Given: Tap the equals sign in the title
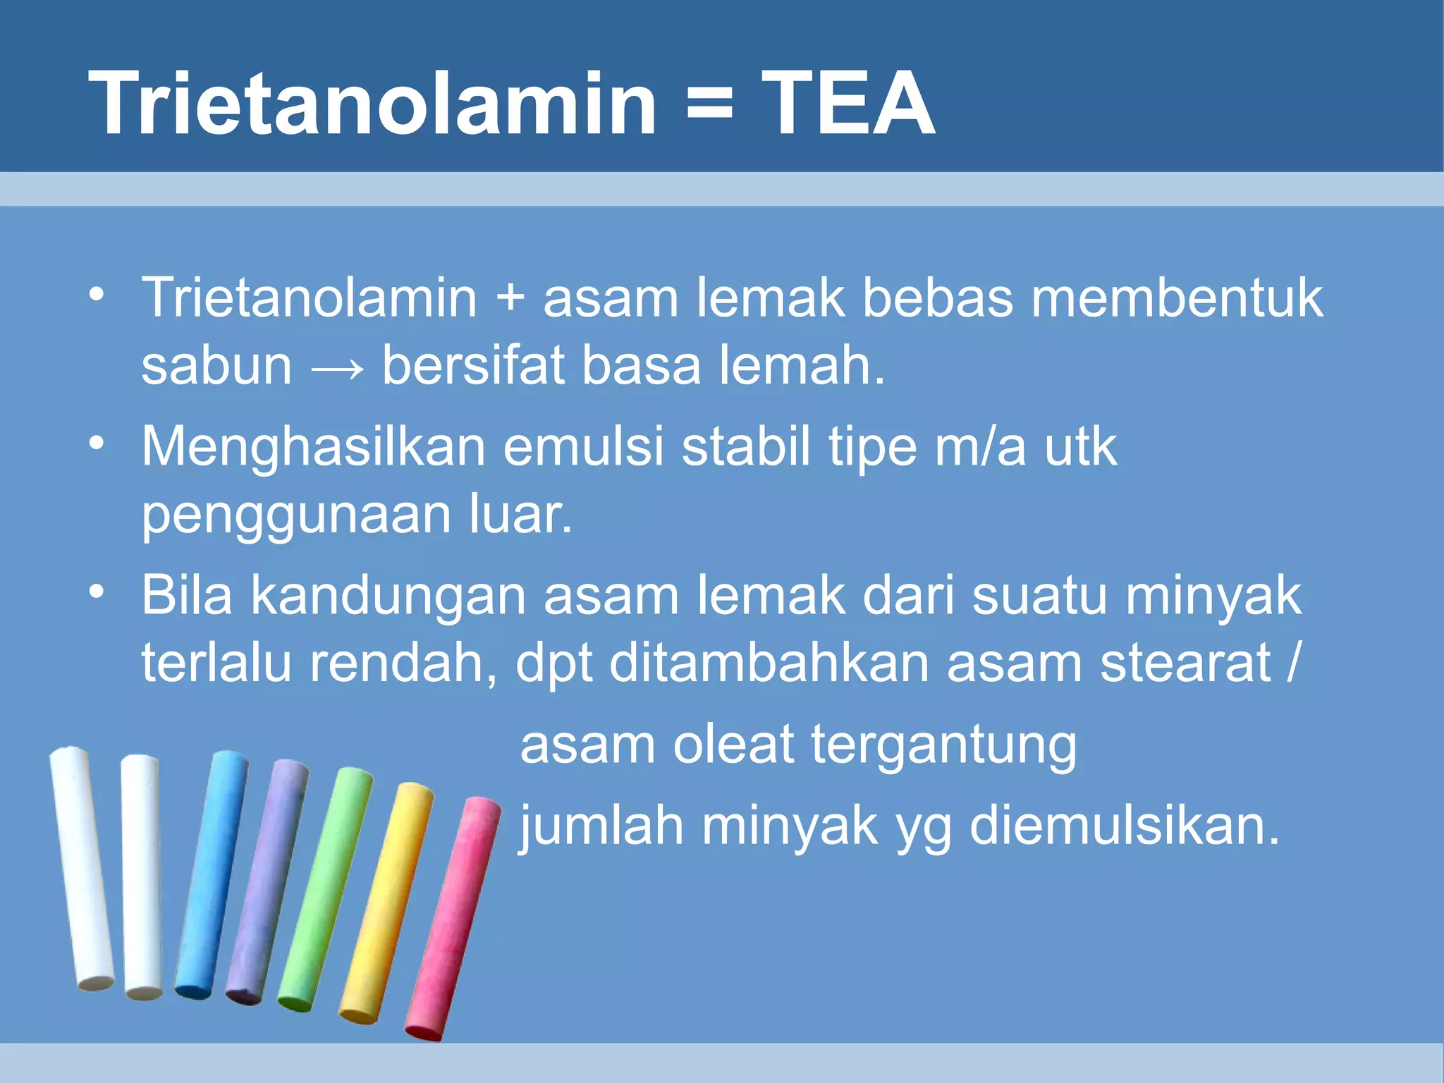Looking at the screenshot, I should tap(709, 104).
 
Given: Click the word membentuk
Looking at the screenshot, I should tap(1177, 298).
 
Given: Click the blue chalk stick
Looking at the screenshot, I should tap(210, 874).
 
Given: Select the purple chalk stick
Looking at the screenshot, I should tap(267, 881).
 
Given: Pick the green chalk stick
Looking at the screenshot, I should tap(324, 888).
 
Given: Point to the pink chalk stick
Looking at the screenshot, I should tap(453, 917).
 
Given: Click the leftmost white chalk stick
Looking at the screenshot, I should tap(82, 867).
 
